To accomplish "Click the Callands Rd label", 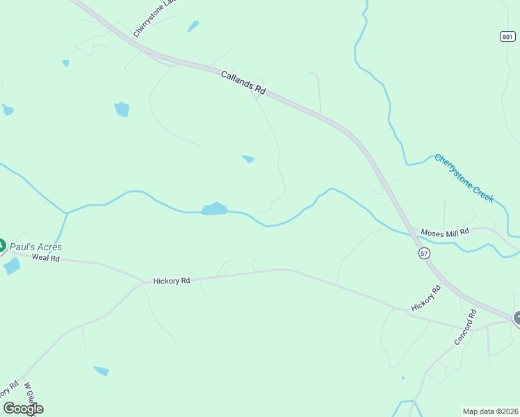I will [243, 82].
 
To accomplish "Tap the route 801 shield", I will [508, 36].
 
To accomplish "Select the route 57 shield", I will [424, 254].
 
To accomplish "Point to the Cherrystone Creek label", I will [464, 178].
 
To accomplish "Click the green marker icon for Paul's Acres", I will [2, 245].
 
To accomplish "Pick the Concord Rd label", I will [464, 328].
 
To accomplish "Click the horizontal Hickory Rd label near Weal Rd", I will [172, 281].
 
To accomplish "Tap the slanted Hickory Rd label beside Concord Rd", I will [425, 297].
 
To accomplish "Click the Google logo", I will [22, 409].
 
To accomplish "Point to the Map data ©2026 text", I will [489, 411].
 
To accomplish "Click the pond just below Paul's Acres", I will [11, 266].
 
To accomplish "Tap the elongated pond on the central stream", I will [215, 209].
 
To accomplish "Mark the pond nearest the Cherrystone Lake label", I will [193, 26].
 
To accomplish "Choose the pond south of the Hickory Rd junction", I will [101, 371].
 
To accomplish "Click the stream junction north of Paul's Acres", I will [67, 213].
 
